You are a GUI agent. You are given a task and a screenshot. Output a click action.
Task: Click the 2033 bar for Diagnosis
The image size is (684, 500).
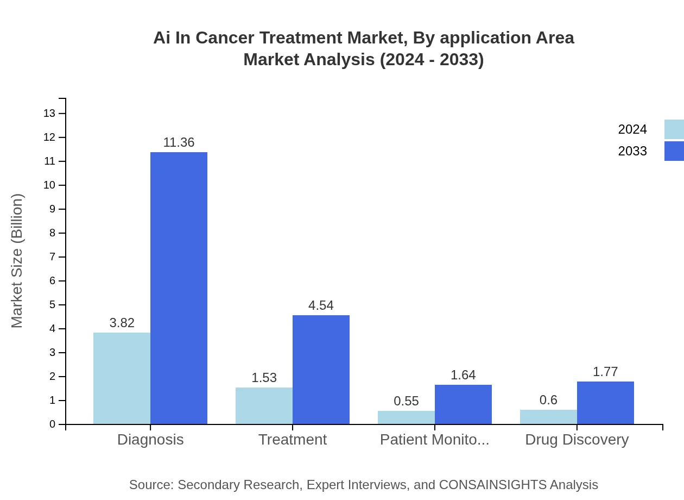(x=179, y=288)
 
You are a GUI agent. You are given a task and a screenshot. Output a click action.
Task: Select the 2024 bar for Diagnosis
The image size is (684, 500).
(x=122, y=378)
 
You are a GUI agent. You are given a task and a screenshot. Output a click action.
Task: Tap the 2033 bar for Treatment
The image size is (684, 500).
(x=321, y=370)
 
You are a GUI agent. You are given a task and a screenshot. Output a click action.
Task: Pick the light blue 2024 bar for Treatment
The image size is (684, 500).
(x=264, y=405)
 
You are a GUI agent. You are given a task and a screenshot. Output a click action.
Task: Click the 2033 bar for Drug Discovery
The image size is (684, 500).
(x=605, y=403)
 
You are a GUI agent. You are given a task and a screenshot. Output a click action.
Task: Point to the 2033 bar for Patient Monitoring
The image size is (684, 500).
(x=463, y=404)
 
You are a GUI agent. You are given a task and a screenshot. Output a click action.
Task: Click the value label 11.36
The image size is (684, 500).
(x=179, y=142)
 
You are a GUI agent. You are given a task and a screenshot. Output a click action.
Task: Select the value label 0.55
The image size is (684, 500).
(x=406, y=401)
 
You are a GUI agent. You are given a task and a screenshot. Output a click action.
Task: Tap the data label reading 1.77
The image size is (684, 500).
(x=605, y=372)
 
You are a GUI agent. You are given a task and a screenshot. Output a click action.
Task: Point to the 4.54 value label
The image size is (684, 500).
(x=321, y=305)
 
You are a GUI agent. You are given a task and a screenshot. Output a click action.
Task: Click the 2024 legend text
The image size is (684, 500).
(x=632, y=129)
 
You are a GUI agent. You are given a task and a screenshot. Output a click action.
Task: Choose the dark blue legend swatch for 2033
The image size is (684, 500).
(x=674, y=151)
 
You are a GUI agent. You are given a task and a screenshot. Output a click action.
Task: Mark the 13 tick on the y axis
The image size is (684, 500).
(x=49, y=114)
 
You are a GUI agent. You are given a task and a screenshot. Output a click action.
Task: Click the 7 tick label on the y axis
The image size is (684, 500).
(x=53, y=257)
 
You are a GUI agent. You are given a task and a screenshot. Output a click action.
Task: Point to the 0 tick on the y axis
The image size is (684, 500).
(x=53, y=424)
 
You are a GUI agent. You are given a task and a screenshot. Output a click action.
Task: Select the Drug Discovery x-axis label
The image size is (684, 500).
(x=577, y=439)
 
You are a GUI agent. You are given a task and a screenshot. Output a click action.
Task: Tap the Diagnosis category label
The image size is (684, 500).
(x=150, y=439)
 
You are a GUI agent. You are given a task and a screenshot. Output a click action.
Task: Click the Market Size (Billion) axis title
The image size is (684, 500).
(x=17, y=261)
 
